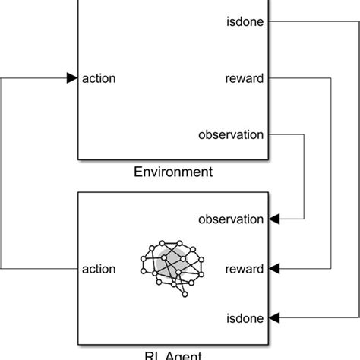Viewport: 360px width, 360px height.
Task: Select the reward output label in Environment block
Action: (244, 77)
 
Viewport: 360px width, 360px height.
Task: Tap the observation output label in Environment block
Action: (231, 134)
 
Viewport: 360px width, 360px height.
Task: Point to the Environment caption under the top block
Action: (173, 172)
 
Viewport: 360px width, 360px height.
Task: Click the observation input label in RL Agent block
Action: (231, 219)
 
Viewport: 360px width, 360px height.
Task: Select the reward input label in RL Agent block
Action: (244, 268)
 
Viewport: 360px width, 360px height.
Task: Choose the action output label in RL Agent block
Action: (98, 268)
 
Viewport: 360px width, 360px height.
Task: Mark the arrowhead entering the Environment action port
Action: (71, 77)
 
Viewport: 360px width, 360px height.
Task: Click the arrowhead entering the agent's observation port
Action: (274, 219)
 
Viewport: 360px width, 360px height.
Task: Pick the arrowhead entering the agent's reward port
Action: (274, 268)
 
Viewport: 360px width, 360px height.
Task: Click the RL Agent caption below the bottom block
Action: (173, 354)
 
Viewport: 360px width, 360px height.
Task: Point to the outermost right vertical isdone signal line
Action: (358, 167)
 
